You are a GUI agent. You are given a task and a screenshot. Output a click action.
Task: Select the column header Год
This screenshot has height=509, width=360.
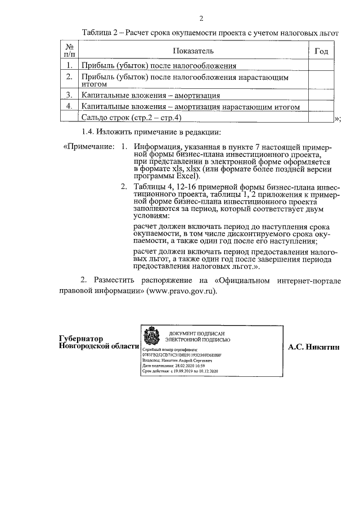point(321,52)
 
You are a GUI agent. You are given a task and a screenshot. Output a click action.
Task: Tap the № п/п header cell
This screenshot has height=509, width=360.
point(69,51)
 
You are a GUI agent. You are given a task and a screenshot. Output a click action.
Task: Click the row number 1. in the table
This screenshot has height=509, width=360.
point(69,65)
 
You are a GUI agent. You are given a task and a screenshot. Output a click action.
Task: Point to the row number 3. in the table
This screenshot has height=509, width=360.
point(69,95)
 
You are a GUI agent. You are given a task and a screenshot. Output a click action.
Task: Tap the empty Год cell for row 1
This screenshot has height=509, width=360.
point(321,65)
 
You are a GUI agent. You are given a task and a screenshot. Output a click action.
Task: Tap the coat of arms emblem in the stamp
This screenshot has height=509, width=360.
point(151,337)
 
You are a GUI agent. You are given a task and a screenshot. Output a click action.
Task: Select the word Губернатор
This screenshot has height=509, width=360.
point(81,339)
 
